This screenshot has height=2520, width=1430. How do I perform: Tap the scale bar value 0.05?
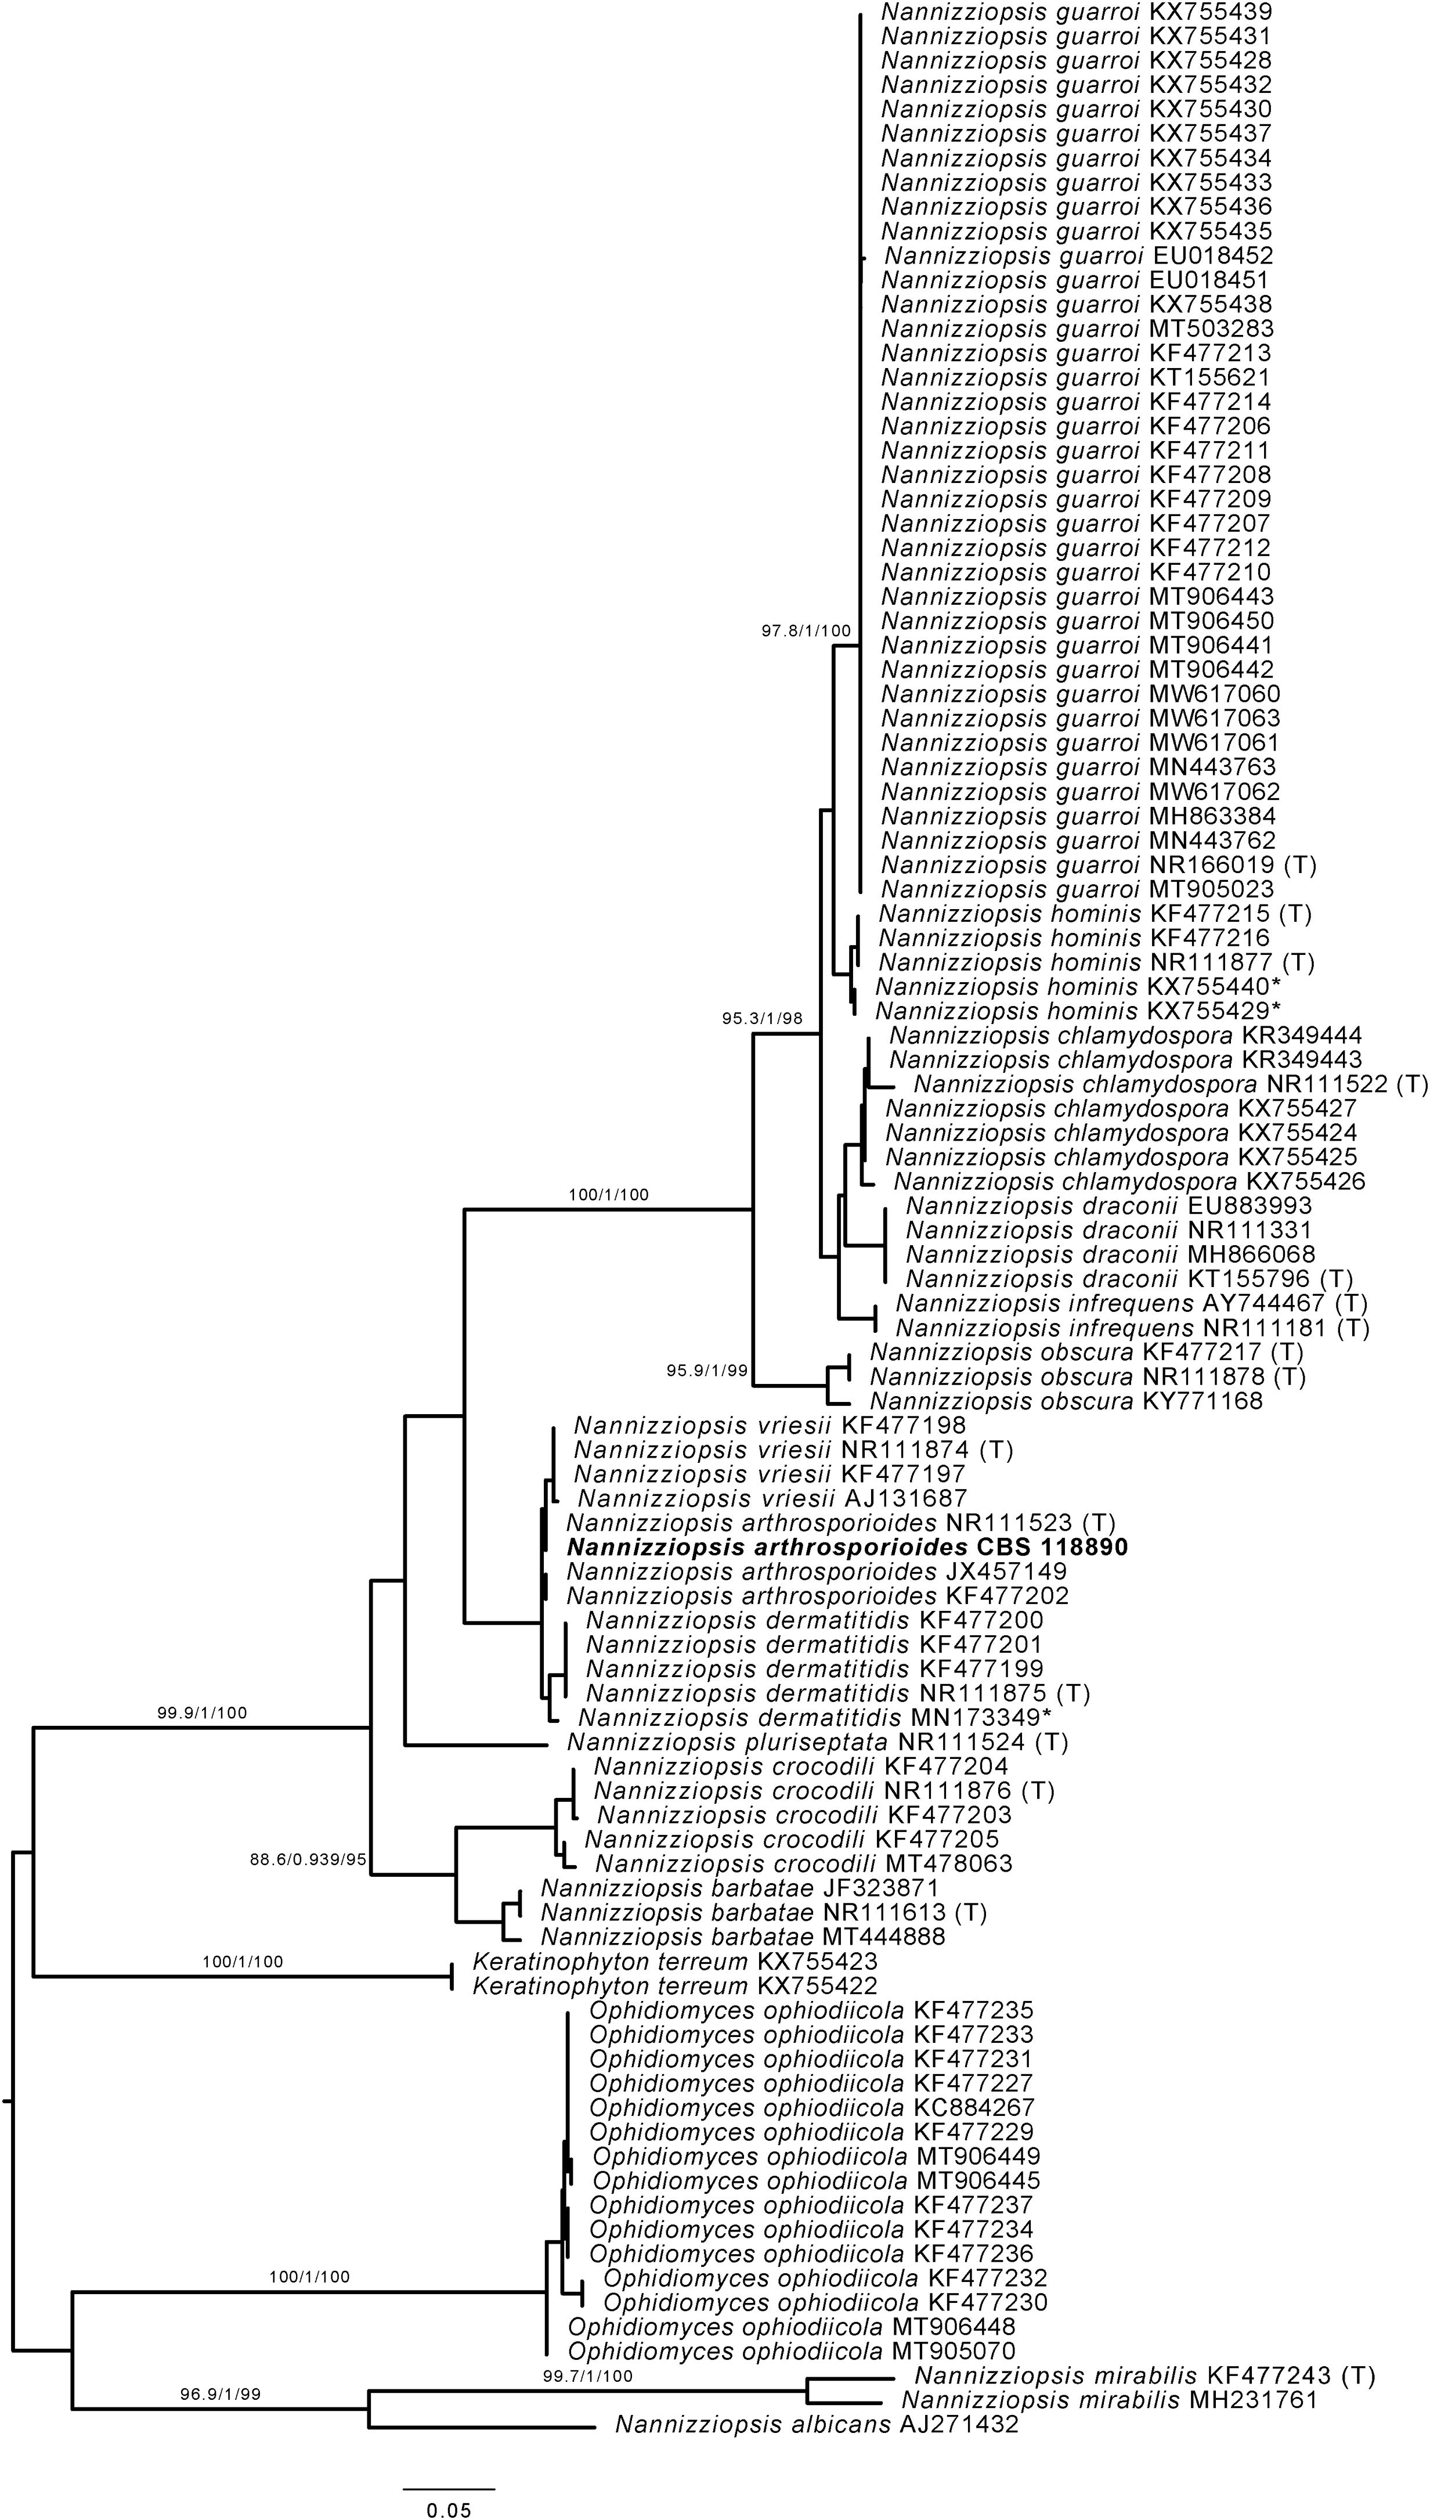[449, 2503]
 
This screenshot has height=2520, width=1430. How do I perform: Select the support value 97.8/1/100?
[806, 630]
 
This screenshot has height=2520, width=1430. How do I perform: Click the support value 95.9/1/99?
[707, 1370]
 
